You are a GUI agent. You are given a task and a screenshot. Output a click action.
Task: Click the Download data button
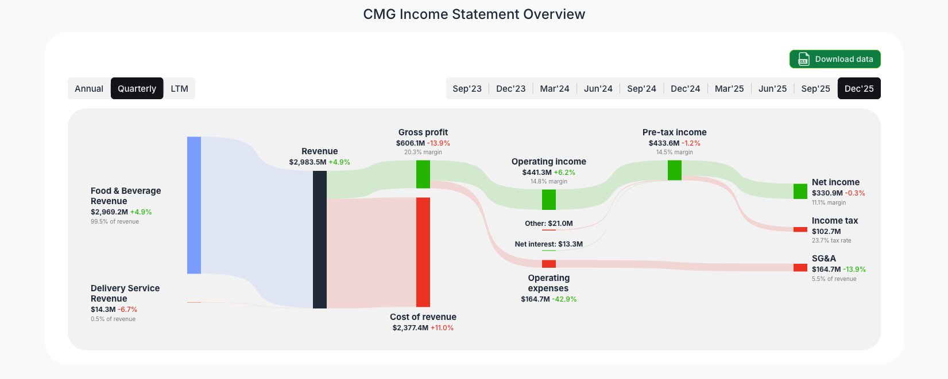pyautogui.click(x=834, y=59)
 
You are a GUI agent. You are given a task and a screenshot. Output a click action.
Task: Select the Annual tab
pyautogui.click(x=89, y=88)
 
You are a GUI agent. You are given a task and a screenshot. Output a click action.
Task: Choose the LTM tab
pyautogui.click(x=179, y=88)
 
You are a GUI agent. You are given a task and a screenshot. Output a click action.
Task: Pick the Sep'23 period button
pyautogui.click(x=467, y=88)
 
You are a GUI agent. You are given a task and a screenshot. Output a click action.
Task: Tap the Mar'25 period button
pyautogui.click(x=729, y=88)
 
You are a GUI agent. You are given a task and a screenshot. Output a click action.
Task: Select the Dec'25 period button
pyautogui.click(x=858, y=88)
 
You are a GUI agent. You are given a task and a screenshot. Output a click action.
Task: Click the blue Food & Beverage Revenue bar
pyautogui.click(x=194, y=205)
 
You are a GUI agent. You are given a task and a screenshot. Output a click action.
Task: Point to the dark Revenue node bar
pyautogui.click(x=320, y=239)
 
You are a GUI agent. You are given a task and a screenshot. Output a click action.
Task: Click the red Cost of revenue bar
pyautogui.click(x=423, y=252)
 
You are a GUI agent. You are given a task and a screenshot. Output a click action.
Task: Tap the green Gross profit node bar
pyautogui.click(x=423, y=174)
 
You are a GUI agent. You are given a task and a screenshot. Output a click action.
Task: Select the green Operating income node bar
pyautogui.click(x=549, y=200)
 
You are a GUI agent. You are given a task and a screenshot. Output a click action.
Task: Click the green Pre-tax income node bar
pyautogui.click(x=675, y=170)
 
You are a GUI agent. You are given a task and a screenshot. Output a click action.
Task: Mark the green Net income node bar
pyautogui.click(x=800, y=192)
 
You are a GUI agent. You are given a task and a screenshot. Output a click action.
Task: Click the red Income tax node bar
pyautogui.click(x=800, y=229)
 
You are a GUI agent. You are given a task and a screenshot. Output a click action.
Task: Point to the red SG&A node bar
pyautogui.click(x=800, y=268)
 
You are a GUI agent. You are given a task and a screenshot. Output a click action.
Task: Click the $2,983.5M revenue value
pyautogui.click(x=307, y=162)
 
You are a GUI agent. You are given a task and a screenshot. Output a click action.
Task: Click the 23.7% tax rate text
pyautogui.click(x=831, y=241)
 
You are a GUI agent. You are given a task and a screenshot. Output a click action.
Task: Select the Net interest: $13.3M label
pyautogui.click(x=548, y=244)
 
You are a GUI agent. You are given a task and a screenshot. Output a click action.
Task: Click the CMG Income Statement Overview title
pyautogui.click(x=474, y=14)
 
